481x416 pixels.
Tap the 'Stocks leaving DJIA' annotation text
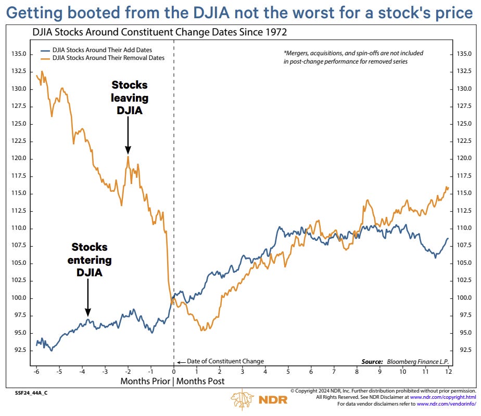(130, 98)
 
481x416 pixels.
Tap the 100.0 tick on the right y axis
(463, 298)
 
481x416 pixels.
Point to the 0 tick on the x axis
(173, 372)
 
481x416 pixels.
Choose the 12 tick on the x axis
(448, 372)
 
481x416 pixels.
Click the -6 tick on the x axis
(36, 372)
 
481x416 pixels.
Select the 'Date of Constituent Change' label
(225, 361)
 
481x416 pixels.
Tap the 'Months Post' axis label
(201, 382)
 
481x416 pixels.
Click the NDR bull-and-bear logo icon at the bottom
(243, 400)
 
